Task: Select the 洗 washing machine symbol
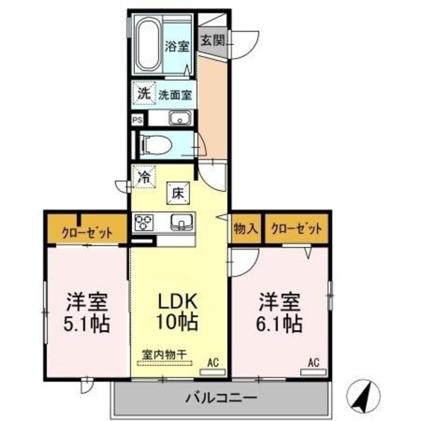(x=143, y=93)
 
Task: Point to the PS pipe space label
(x=137, y=120)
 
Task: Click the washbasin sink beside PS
(x=179, y=118)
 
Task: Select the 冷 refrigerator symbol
(x=143, y=176)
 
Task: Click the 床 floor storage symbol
(x=177, y=193)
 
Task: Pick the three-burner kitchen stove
(x=143, y=222)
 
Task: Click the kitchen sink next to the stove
(x=180, y=222)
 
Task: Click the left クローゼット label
(x=86, y=232)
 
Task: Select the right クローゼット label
(x=296, y=229)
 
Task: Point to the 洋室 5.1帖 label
(x=86, y=313)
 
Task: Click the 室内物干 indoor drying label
(x=164, y=354)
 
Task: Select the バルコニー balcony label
(x=221, y=398)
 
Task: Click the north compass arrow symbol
(x=364, y=395)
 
